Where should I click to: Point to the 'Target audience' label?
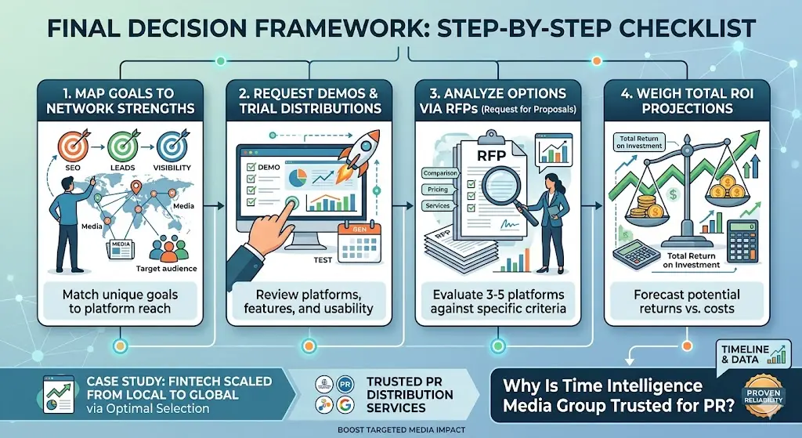(x=165, y=269)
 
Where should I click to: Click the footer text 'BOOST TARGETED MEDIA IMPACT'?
(x=401, y=430)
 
